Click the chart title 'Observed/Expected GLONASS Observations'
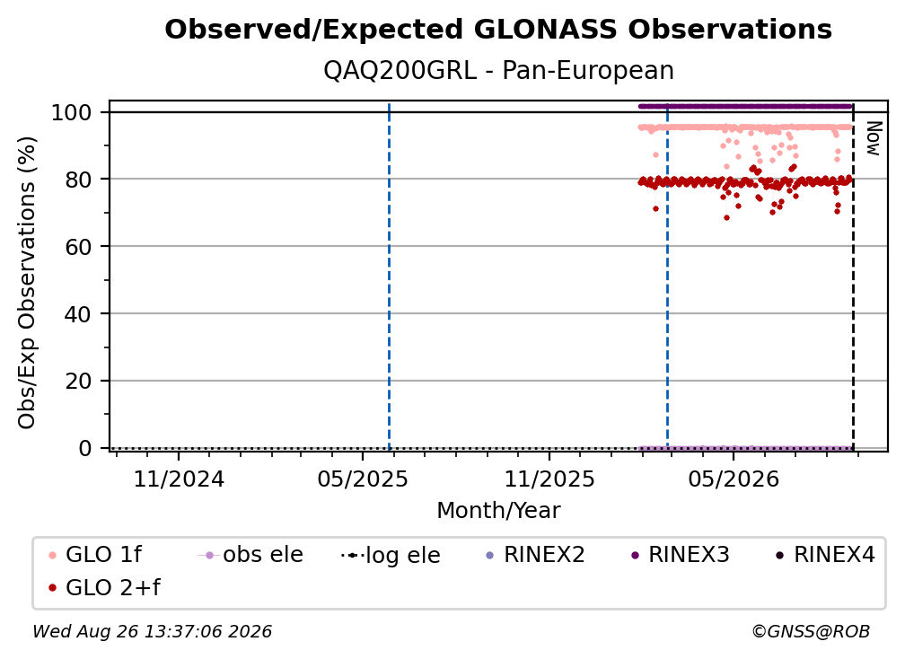[498, 30]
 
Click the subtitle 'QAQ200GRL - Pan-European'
[498, 71]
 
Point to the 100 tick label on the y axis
[72, 112]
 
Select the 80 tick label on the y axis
[78, 180]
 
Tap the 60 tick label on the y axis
[78, 247]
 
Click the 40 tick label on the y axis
[78, 314]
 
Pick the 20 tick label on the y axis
[78, 382]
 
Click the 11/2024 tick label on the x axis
[179, 479]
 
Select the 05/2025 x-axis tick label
[363, 479]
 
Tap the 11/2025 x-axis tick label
[549, 479]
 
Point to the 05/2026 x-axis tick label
[734, 479]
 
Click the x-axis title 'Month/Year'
[498, 511]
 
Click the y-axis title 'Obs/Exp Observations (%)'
[27, 283]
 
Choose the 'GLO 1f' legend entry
[95, 555]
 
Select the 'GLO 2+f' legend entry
[104, 587]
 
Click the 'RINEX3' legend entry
[681, 555]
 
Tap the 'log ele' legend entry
[391, 555]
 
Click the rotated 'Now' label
[874, 138]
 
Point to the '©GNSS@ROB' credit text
[811, 632]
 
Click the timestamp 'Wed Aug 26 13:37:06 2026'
[152, 632]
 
